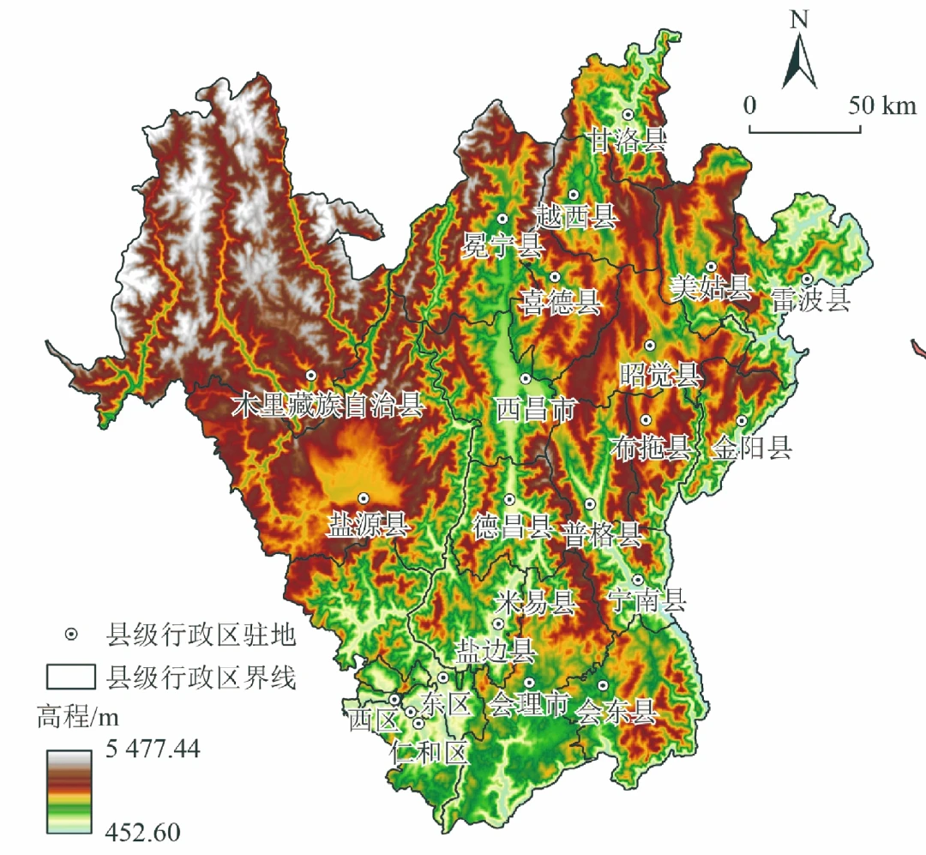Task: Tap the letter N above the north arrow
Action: [x=799, y=19]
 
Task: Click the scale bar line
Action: [x=805, y=130]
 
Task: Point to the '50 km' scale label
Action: [x=882, y=105]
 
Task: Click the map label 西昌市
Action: [x=535, y=408]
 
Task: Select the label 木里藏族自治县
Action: [x=328, y=406]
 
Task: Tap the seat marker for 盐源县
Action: [x=364, y=497]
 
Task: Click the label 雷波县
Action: [x=810, y=299]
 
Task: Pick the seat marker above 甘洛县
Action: [x=628, y=114]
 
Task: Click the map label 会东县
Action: [x=616, y=711]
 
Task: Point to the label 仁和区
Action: [x=428, y=753]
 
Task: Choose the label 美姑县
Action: [x=710, y=288]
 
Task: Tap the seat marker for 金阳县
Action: [x=742, y=420]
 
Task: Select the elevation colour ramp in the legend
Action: [x=69, y=791]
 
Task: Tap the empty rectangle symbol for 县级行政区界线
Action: [x=69, y=677]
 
